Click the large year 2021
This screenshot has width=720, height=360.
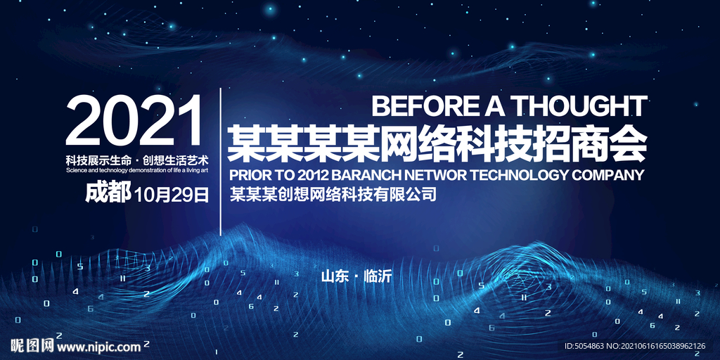click(x=134, y=120)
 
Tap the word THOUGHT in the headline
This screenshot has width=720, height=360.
click(x=579, y=106)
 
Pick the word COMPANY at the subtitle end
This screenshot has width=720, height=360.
click(x=607, y=175)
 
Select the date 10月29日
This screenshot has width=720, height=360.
click(x=172, y=195)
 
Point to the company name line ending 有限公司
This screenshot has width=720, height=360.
click(x=332, y=195)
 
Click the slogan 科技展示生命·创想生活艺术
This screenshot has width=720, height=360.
click(x=137, y=161)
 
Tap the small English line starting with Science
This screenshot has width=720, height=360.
click(x=137, y=170)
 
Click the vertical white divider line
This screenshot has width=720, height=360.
click(x=221, y=162)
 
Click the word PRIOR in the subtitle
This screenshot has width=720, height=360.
click(x=247, y=175)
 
